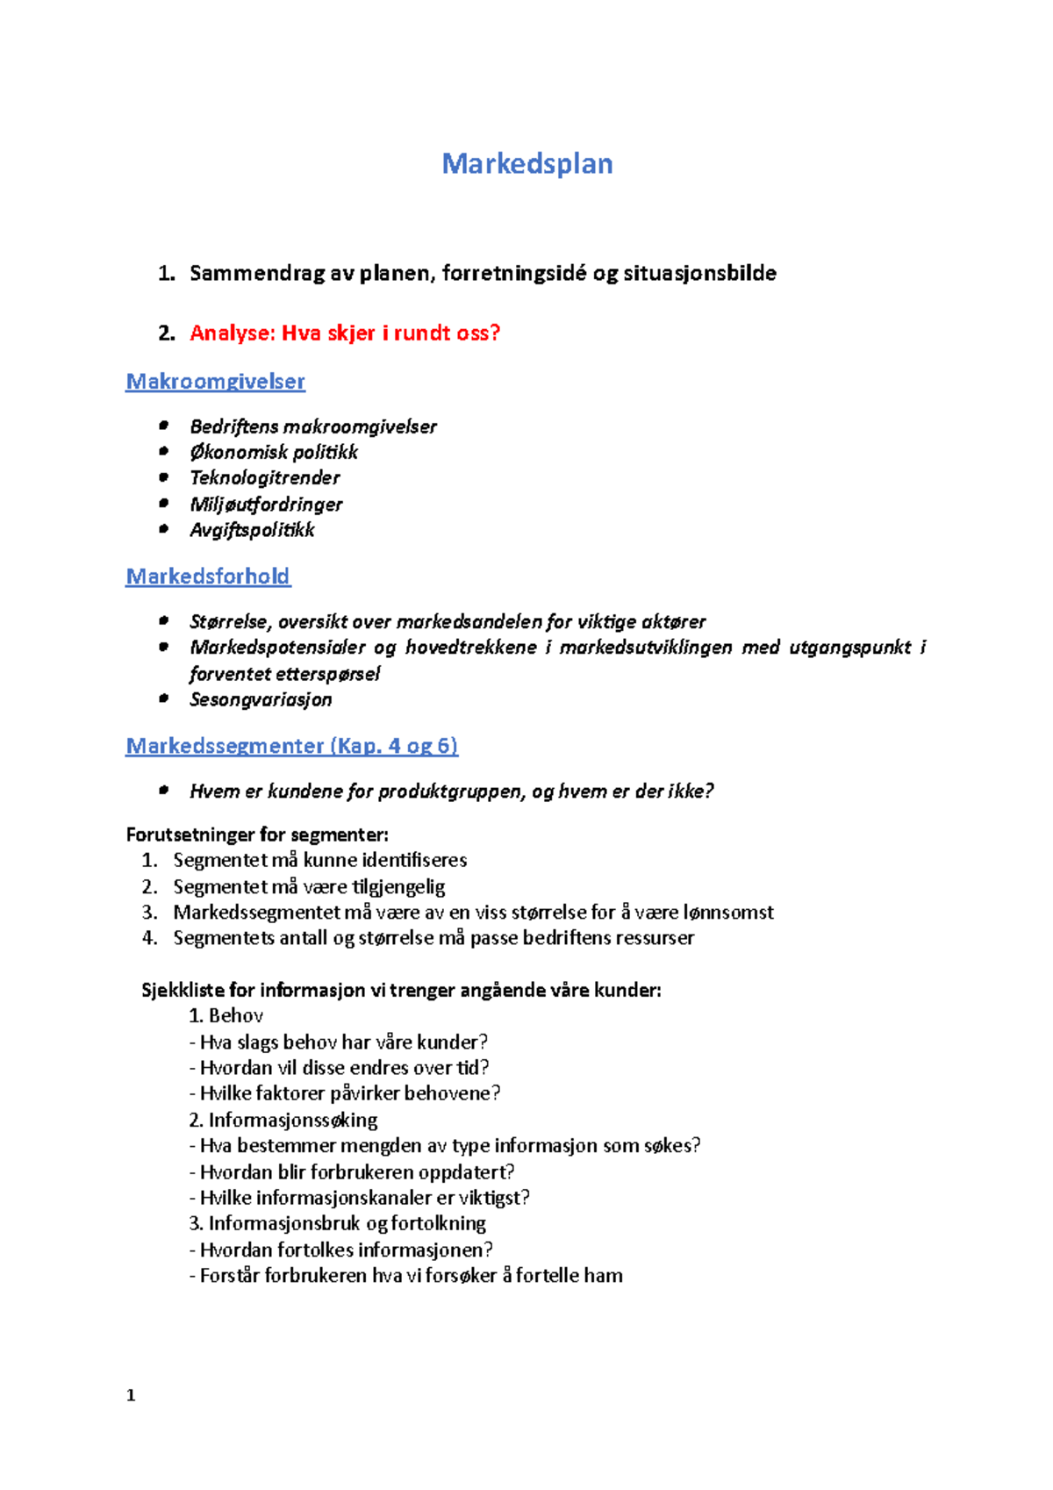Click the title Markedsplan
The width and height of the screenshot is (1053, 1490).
526,164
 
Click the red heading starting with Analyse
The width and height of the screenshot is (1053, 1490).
344,333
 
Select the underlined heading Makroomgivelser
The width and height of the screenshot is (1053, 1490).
215,382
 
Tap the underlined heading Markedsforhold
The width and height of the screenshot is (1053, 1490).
208,577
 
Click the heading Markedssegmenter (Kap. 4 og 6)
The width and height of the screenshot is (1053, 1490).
291,746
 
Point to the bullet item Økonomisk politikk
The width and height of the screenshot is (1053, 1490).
274,452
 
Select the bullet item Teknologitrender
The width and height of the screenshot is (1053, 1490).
264,478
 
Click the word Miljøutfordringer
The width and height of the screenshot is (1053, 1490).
266,505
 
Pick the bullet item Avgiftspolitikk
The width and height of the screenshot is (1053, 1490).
252,530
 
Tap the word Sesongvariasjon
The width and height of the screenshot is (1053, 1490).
261,699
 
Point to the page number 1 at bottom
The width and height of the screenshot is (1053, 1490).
131,1396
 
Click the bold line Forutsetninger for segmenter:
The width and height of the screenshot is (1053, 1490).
257,835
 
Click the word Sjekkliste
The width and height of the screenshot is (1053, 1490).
183,991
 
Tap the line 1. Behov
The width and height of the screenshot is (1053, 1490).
226,1016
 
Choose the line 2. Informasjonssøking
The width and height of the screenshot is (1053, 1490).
283,1121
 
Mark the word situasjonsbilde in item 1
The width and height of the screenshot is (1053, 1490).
699,274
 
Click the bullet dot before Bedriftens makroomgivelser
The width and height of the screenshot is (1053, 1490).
163,426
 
